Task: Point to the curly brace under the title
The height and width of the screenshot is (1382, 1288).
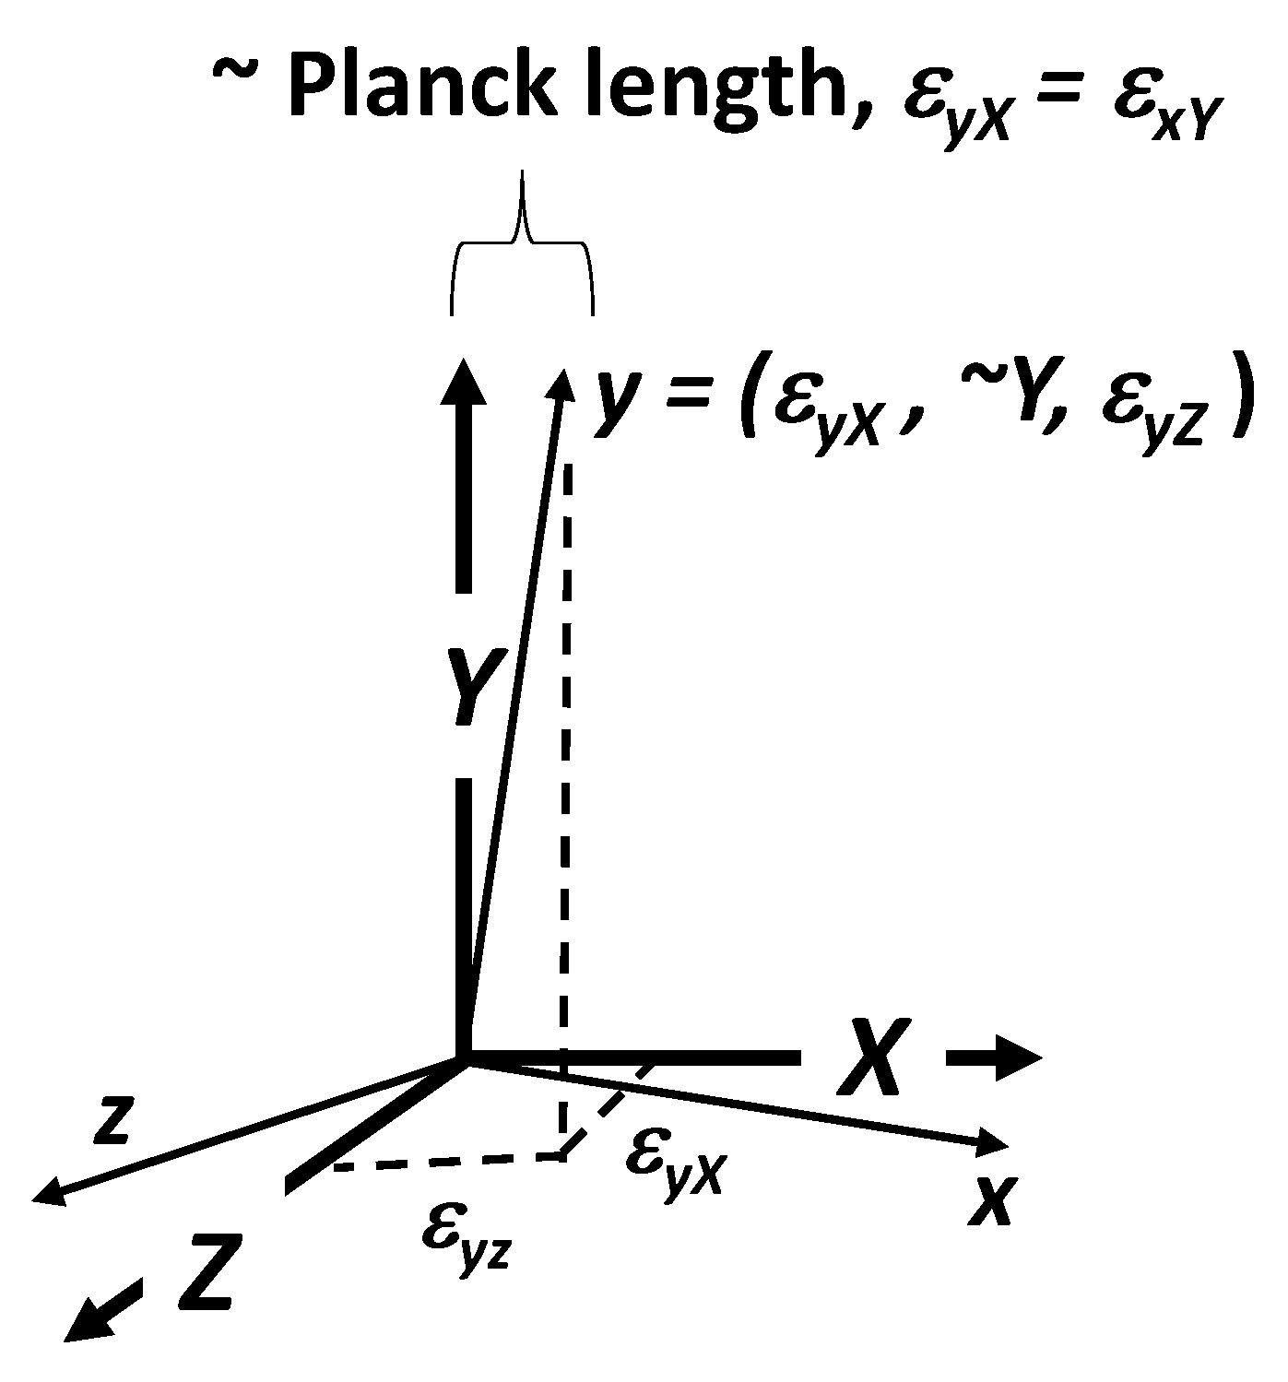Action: coord(522,242)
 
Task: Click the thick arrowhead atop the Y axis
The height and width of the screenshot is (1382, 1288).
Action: coord(463,381)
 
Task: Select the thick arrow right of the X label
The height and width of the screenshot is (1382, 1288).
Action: coord(994,1058)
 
